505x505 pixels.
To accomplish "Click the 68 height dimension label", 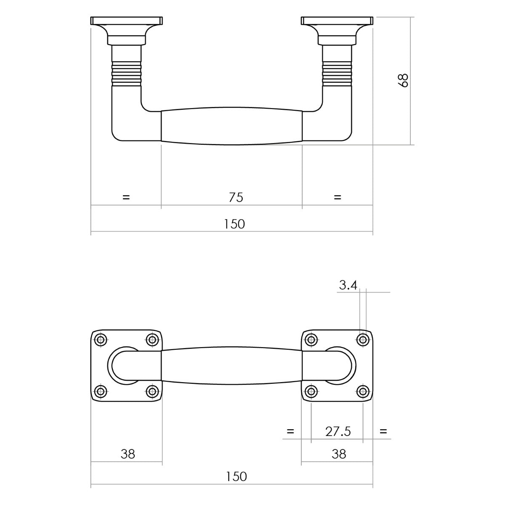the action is [x=403, y=80].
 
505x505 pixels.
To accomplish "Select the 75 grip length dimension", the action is [x=236, y=198].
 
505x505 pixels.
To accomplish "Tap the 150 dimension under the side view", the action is [x=234, y=224].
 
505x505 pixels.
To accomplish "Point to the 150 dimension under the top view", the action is [x=236, y=476].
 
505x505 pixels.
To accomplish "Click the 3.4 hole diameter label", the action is [x=348, y=285].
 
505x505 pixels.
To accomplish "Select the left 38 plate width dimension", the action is [x=128, y=454].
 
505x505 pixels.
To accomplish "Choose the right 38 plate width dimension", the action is [x=339, y=454].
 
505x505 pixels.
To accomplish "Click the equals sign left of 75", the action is [x=126, y=197].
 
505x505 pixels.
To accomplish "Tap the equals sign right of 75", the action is [x=338, y=197].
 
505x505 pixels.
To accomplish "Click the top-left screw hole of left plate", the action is [x=101, y=340].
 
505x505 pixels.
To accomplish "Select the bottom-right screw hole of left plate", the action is [x=152, y=391].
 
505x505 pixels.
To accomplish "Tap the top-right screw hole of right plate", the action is [x=363, y=340].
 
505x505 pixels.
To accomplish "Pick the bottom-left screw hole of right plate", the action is [x=311, y=391].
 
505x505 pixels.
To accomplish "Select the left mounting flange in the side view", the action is [x=127, y=30].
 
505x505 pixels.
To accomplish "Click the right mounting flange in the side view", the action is [x=337, y=30].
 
